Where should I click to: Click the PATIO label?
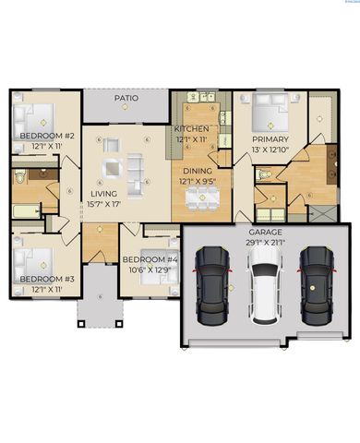pos(126,98)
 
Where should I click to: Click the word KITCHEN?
pos(192,128)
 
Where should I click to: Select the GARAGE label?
pos(265,232)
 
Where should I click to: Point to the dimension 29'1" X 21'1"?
pos(265,242)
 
